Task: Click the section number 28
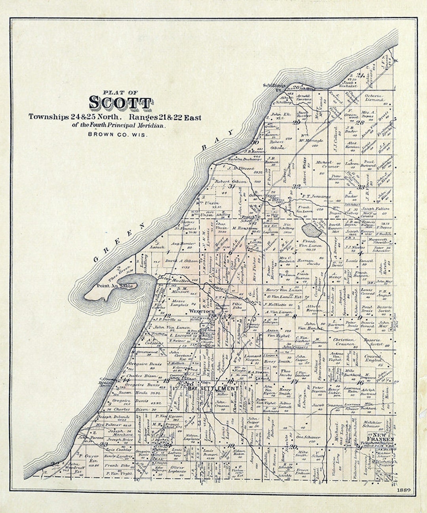pyautogui.click(x=360, y=122)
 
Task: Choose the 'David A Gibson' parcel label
pyautogui.click(x=181, y=262)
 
